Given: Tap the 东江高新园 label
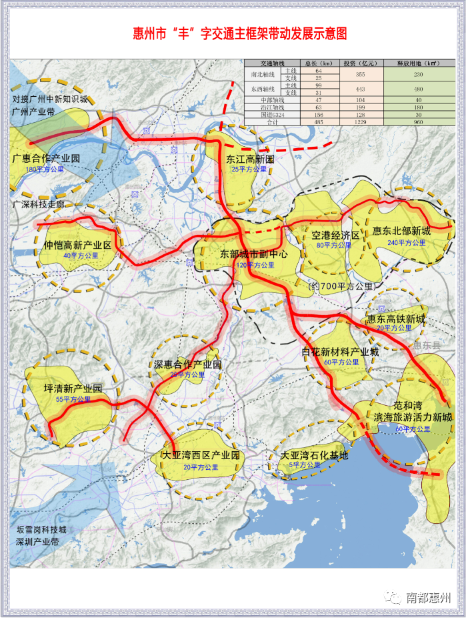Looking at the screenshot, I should pos(250,160).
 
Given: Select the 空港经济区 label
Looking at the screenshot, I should pos(335,236).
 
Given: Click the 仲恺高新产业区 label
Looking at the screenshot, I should pos(78,245).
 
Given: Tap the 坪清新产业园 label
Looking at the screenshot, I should pos(73,388).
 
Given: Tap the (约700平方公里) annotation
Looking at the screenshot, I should pos(341,286).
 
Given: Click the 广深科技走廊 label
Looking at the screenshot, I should pos(39,204).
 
